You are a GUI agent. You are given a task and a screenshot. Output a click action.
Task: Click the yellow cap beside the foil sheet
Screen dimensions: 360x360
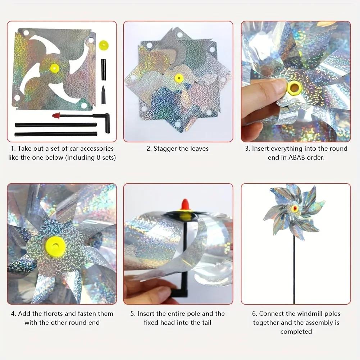coord(104,45)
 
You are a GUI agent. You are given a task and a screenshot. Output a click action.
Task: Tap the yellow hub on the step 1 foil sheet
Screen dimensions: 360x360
coord(54,67)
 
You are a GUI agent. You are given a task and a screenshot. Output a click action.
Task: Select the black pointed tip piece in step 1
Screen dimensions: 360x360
coord(104,95)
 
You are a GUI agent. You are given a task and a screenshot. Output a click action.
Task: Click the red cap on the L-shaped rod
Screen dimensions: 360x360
coord(56,116)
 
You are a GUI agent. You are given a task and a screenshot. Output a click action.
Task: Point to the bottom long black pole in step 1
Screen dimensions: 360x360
coord(56,134)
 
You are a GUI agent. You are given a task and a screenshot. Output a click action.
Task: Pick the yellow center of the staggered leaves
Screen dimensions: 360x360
coord(179,78)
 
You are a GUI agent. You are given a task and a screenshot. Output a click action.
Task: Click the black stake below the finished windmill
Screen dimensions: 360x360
coord(294,270)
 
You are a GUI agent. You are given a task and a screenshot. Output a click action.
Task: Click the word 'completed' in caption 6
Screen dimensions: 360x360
coord(296,332)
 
